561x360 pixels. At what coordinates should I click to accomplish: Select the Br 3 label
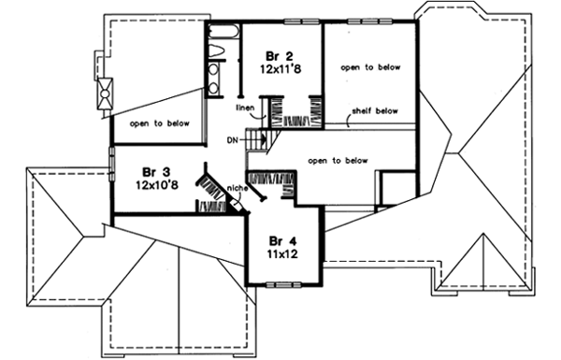(155, 172)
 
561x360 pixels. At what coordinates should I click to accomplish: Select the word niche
(236, 194)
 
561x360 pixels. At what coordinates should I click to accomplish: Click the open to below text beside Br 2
(369, 67)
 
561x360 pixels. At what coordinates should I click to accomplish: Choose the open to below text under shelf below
(336, 160)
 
